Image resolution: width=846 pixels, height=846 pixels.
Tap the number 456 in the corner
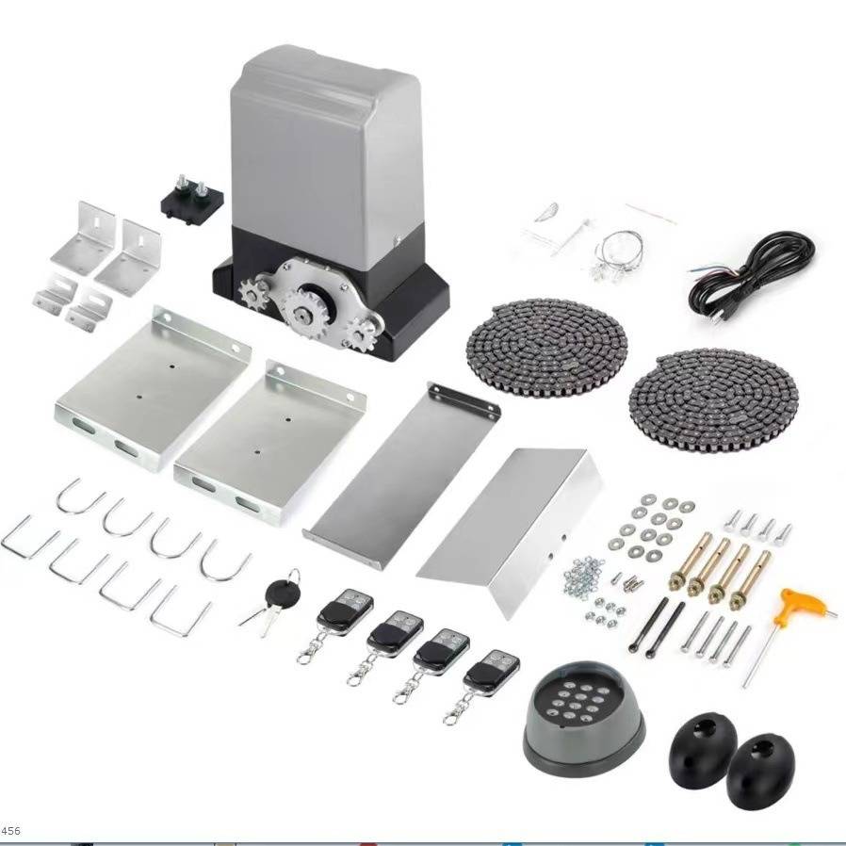(x=10, y=830)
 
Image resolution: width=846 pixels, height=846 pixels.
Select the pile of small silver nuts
(x=581, y=576)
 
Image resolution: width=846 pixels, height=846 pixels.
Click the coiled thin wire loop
(x=617, y=254)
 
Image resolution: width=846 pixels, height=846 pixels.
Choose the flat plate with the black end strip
(x=401, y=476)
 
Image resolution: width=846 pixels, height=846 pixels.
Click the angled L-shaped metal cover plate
(x=510, y=531)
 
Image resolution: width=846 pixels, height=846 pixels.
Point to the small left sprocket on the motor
(x=253, y=294)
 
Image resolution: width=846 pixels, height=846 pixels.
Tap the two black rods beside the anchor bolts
(x=657, y=627)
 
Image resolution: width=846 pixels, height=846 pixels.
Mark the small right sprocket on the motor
(x=361, y=334)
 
